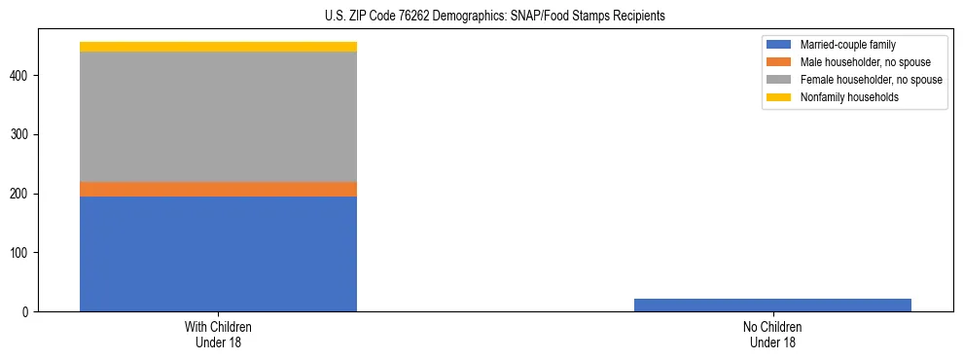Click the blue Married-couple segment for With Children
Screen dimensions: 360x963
(218, 253)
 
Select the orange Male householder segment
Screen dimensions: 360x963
(218, 189)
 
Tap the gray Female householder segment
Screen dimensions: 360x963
(218, 117)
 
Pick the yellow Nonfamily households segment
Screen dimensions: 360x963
(218, 47)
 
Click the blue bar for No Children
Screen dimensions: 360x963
(772, 305)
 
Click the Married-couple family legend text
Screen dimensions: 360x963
(847, 45)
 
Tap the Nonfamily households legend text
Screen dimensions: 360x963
(850, 97)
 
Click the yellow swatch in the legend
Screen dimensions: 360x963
(778, 97)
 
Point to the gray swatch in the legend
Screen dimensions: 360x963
(778, 80)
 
